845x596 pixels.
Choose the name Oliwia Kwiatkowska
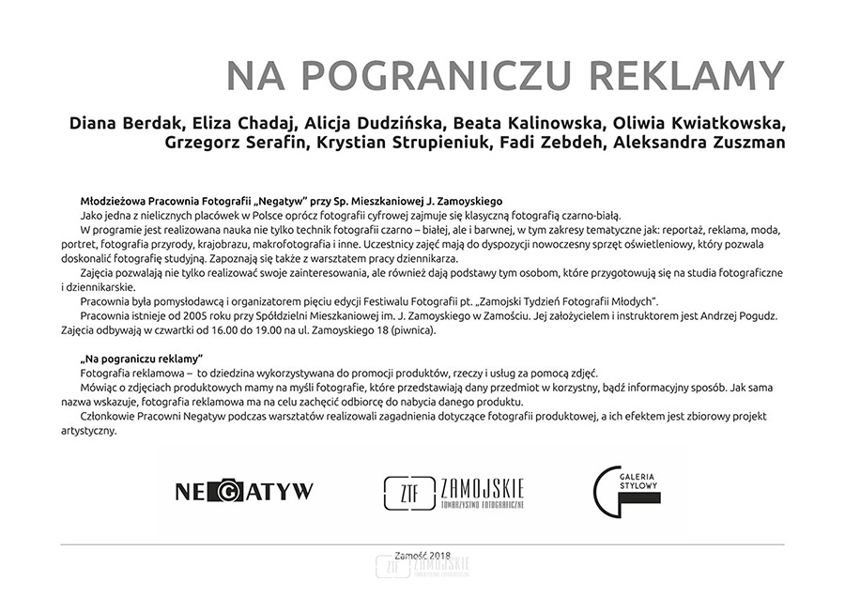(x=700, y=124)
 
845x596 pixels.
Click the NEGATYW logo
(x=244, y=490)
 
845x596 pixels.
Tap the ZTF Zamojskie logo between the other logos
(x=454, y=492)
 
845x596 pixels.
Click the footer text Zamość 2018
(x=422, y=557)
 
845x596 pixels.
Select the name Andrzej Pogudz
(x=742, y=317)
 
